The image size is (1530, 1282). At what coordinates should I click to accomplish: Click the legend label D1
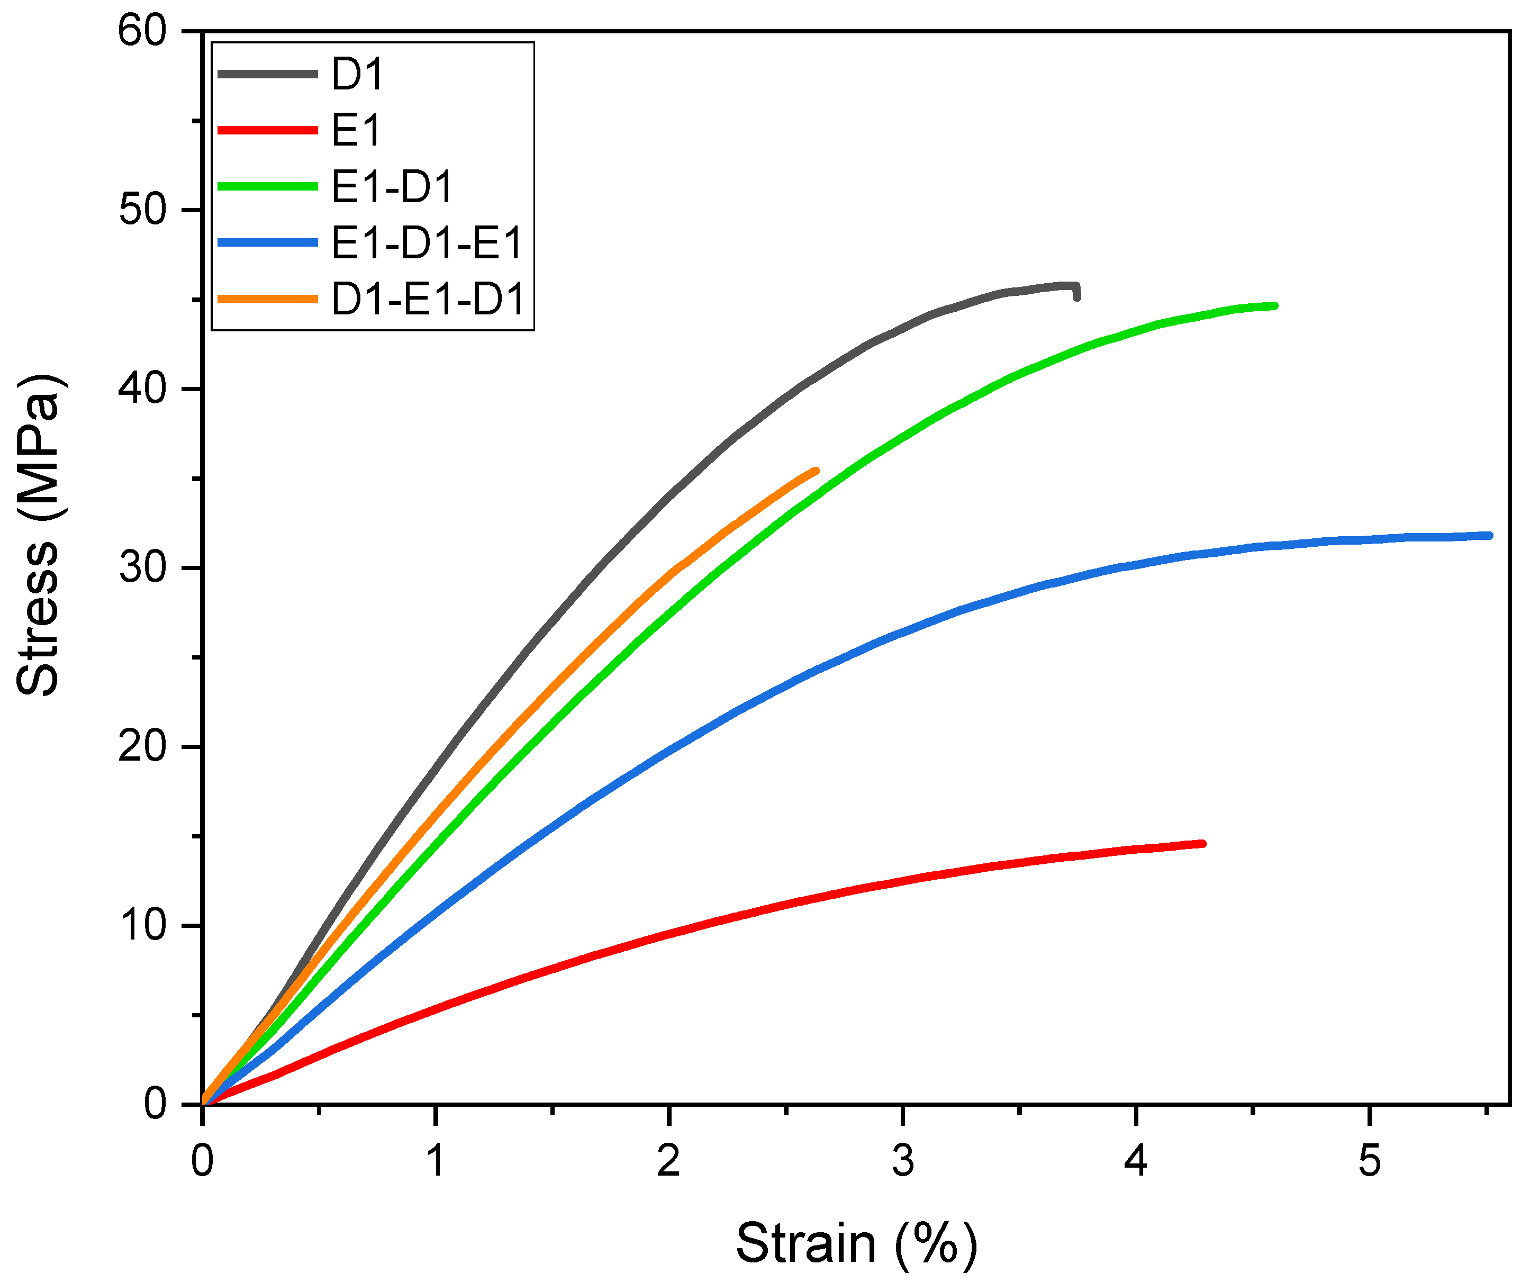pos(357,74)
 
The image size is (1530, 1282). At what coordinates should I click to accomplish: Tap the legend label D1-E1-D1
pos(428,300)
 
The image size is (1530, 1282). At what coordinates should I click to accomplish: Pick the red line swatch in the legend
pos(267,130)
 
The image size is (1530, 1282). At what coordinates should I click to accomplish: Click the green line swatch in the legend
pos(267,186)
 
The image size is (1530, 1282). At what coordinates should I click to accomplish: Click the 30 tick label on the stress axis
pos(143,568)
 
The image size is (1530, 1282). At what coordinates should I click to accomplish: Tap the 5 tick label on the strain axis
pos(1370,1161)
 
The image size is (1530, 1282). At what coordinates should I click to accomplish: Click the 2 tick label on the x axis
pos(669,1161)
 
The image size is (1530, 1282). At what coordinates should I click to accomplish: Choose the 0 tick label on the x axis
pos(203,1161)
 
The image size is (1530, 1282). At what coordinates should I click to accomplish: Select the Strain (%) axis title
pos(856,1243)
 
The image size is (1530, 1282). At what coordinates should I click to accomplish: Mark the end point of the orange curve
pos(816,471)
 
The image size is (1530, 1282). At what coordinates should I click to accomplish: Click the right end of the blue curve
pos(1490,536)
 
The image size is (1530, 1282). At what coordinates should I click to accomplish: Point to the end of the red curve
pos(1203,844)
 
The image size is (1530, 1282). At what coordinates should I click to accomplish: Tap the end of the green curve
pos(1275,306)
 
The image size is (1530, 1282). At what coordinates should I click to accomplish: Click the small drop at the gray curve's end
pos(1077,295)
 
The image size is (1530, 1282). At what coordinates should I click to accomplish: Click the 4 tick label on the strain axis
pos(1136,1161)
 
